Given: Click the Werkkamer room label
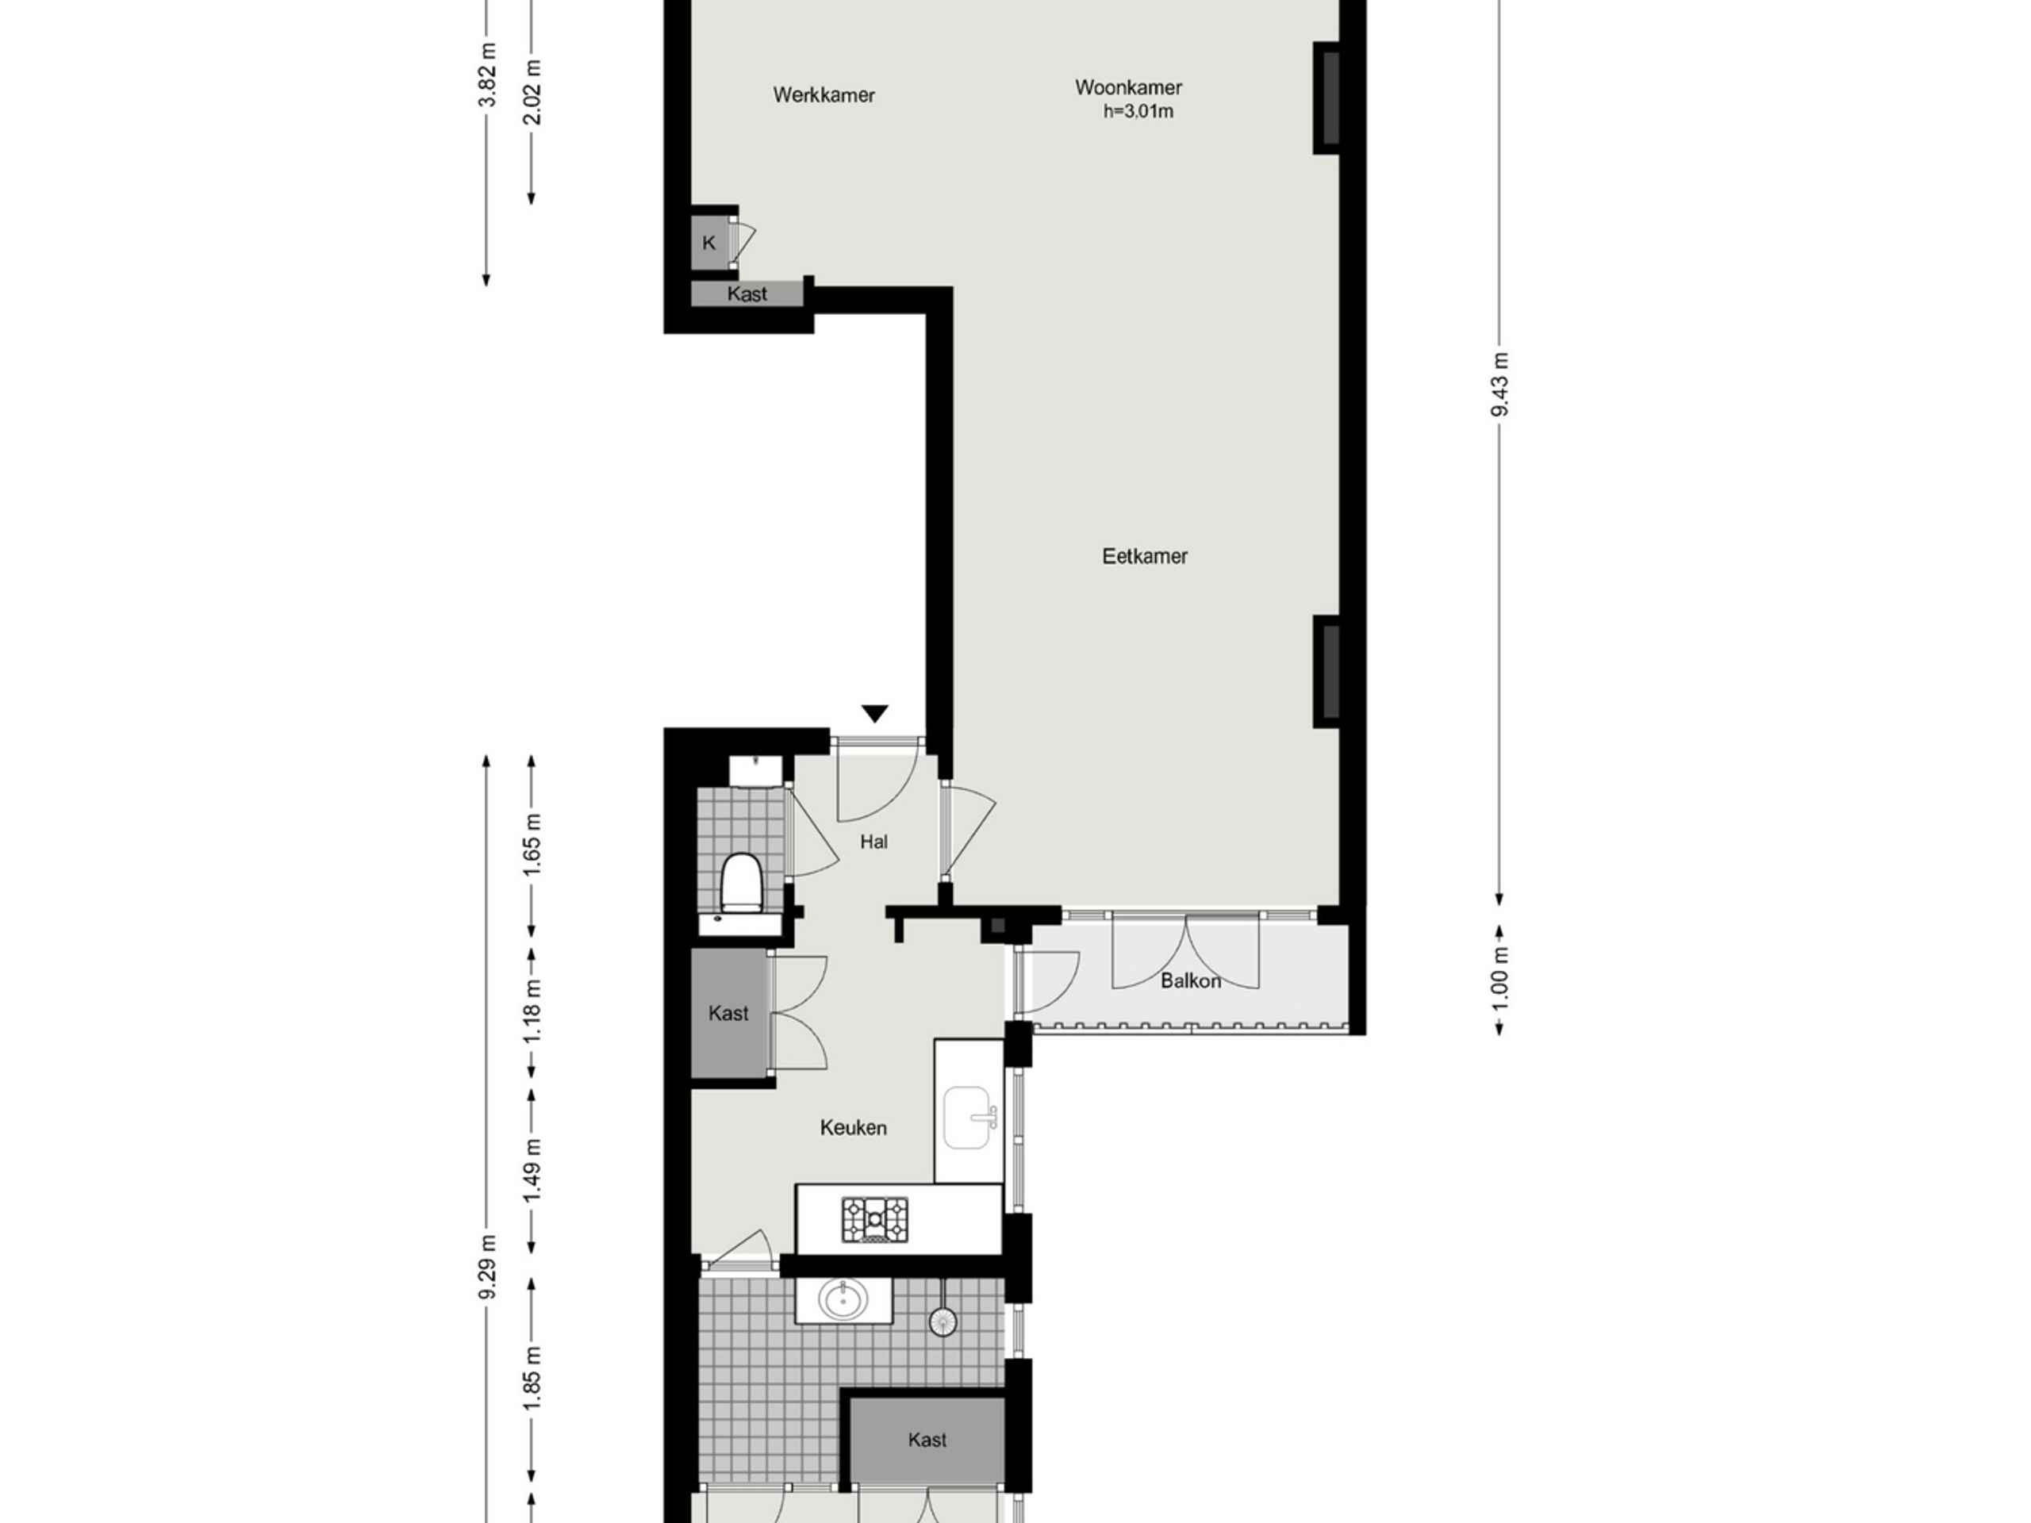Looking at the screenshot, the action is point(824,94).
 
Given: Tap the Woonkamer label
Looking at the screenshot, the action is point(1128,87).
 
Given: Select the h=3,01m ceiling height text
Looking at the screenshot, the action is point(1138,112).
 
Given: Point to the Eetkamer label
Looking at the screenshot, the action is point(1145,556).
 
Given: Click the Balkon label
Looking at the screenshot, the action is point(1191,980).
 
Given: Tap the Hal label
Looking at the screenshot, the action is point(874,842).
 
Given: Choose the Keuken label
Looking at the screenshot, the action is point(853,1128).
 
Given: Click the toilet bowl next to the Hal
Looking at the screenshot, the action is point(741,882).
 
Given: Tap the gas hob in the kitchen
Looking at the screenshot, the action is point(875,1220).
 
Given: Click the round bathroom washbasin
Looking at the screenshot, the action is point(843,1300).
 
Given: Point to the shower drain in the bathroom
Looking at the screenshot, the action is point(943,1321).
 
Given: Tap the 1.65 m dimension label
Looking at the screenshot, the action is point(532,845).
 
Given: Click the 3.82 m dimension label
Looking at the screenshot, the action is point(488,75).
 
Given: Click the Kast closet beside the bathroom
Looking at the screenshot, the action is point(927,1440).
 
